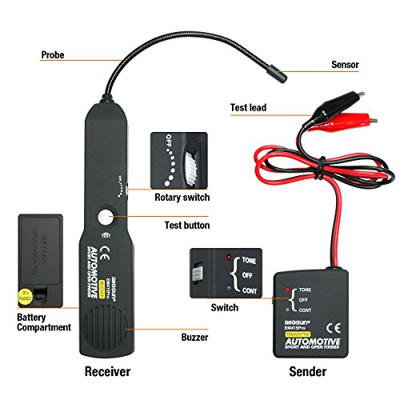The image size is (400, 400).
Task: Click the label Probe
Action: tap(54, 56)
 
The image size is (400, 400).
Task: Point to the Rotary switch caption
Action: tap(182, 197)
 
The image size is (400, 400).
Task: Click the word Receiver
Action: tap(108, 372)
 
